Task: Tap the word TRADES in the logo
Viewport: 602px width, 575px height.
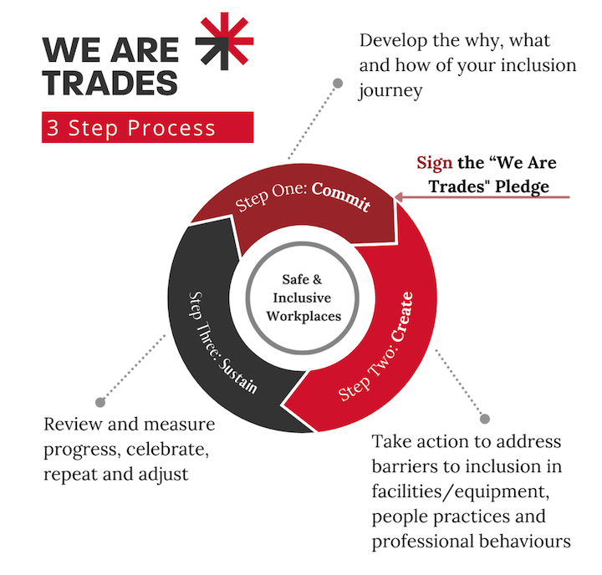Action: pos(111,83)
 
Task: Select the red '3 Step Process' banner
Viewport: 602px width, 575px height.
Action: pos(147,128)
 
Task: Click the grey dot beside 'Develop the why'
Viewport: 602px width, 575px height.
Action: pos(337,83)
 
